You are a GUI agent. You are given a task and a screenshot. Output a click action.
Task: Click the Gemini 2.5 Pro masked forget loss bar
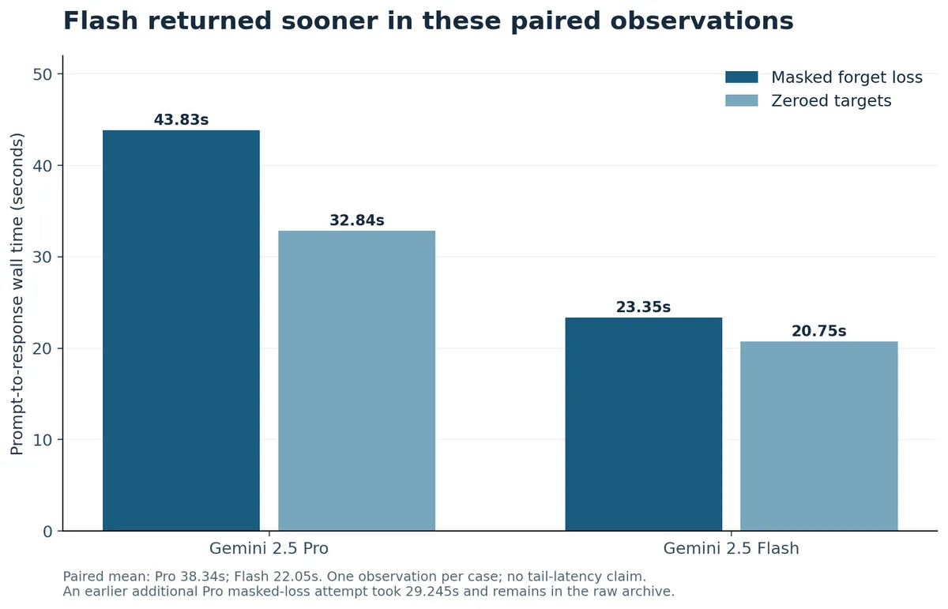point(181,330)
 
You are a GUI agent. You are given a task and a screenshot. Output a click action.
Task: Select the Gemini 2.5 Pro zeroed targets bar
point(357,381)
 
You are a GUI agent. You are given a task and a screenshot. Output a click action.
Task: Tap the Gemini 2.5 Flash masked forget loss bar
point(644,424)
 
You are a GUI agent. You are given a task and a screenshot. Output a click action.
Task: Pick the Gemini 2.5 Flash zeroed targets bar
point(819,436)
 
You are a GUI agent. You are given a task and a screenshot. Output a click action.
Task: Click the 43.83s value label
point(181,120)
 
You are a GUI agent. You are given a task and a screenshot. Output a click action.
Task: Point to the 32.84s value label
point(357,220)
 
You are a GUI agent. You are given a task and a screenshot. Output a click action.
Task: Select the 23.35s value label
point(643,306)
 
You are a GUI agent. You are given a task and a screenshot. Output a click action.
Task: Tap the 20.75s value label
point(819,331)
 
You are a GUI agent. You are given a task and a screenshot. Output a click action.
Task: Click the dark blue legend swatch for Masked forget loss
point(742,77)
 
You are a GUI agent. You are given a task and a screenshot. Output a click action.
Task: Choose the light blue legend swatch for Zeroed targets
point(742,101)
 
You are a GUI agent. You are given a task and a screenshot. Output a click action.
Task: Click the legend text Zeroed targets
point(831,101)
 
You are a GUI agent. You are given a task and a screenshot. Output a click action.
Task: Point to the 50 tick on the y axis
point(43,74)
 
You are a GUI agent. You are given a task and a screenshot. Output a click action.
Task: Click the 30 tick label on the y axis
point(43,258)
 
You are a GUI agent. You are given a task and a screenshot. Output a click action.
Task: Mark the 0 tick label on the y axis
point(47,532)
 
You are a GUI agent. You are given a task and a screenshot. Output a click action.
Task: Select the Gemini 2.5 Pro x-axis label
point(269,548)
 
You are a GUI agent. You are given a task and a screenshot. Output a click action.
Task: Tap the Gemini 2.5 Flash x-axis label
point(731,548)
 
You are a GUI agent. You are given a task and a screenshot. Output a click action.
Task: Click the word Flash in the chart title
point(101,21)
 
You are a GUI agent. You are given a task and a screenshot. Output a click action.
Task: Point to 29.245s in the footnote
point(431,591)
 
